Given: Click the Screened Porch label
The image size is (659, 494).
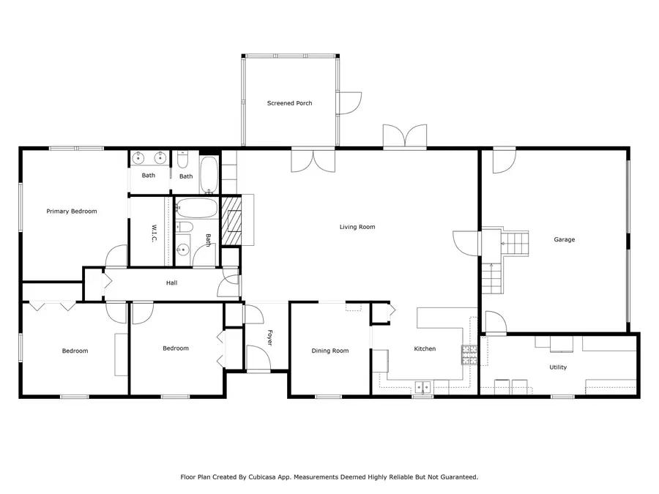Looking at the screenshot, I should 289,103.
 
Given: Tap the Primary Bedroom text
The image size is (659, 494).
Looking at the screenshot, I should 72,212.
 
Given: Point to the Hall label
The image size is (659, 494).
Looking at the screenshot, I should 171,282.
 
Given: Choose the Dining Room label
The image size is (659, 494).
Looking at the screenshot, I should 330,351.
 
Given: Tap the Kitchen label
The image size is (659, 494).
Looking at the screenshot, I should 425,349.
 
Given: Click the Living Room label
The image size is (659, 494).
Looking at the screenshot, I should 357,227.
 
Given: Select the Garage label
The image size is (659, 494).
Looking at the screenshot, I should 564,239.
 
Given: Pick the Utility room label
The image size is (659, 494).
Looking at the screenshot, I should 558,367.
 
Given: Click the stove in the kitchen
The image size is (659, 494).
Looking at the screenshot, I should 469,355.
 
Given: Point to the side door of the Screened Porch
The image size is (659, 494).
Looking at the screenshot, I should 350,103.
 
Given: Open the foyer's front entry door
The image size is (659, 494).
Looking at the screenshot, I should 258,359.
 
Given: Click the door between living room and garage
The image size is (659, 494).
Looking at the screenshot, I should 466,242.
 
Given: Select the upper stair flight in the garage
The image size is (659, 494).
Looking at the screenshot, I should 515,242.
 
